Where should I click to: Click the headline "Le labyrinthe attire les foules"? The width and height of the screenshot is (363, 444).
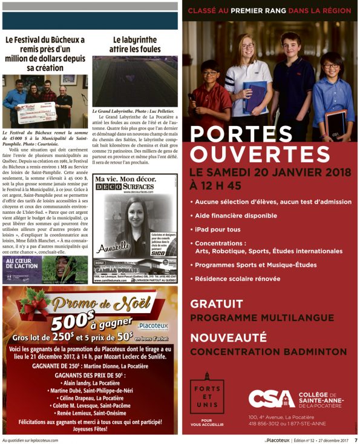tap(135, 44)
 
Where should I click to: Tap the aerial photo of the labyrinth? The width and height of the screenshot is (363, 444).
tap(135, 81)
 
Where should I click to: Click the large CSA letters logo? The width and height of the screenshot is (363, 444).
tap(271, 398)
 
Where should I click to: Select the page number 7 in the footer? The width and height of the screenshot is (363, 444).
tap(356, 440)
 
